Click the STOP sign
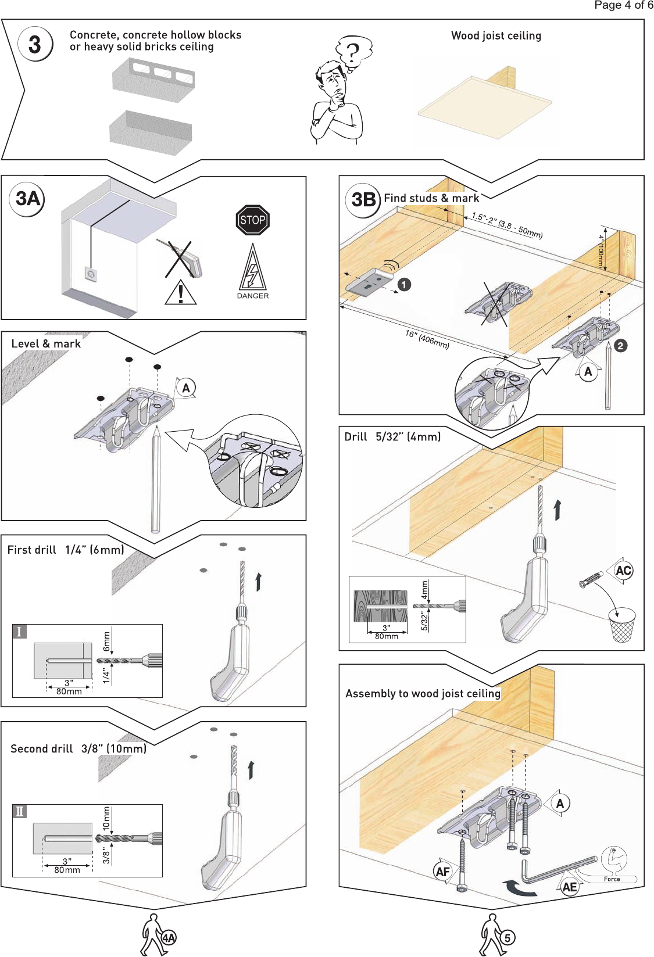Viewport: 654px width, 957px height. click(253, 220)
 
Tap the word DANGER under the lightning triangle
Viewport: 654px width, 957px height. click(253, 296)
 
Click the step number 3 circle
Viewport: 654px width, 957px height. click(35, 44)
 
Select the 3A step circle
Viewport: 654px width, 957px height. click(27, 199)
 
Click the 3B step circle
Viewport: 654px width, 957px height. click(363, 199)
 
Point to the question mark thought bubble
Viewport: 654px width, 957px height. click(353, 54)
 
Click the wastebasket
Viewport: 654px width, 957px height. click(621, 625)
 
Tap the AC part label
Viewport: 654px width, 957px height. click(623, 570)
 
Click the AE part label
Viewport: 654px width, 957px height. click(570, 887)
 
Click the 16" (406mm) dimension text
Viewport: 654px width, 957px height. click(427, 339)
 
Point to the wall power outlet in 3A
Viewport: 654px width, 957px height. click(91, 274)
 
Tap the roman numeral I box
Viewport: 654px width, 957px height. click(19, 631)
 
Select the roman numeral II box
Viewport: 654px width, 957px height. click(19, 811)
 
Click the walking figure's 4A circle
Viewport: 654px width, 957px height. click(169, 938)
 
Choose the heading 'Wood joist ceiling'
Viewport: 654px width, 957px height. click(496, 36)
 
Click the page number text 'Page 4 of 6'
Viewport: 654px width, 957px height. click(624, 5)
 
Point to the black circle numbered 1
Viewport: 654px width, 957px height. click(404, 285)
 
